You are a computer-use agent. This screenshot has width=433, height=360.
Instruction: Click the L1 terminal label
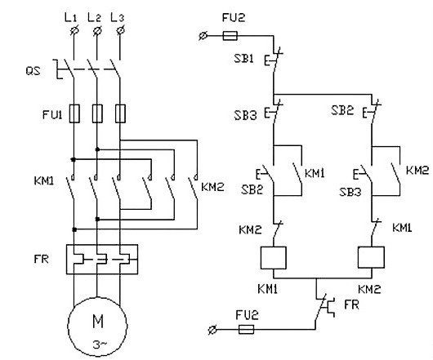tap(70, 18)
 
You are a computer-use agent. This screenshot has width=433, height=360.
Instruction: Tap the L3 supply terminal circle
tap(120, 30)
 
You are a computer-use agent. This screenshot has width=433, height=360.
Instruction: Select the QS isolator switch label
tap(33, 71)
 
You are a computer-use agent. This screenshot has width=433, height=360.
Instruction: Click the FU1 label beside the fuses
tap(52, 114)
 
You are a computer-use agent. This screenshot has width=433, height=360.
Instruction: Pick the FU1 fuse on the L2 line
tap(97, 113)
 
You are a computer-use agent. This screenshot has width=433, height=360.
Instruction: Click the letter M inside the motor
tap(98, 321)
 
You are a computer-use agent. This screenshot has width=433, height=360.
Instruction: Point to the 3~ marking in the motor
tap(100, 344)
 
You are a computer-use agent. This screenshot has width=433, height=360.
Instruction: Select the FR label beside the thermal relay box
tap(42, 259)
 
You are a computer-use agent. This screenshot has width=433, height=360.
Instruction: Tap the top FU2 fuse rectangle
tap(230, 36)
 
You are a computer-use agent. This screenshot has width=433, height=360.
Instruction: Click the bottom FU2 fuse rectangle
tap(246, 329)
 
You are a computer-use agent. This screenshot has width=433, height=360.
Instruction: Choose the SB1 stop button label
tap(243, 58)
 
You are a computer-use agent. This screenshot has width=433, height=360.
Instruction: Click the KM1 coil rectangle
tap(273, 258)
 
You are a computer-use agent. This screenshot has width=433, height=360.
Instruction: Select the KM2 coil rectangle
tap(371, 257)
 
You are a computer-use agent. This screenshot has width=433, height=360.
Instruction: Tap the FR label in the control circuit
tap(351, 304)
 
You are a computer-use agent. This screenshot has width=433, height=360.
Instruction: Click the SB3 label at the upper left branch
tap(245, 115)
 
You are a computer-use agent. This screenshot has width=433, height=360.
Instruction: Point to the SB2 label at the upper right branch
tap(342, 110)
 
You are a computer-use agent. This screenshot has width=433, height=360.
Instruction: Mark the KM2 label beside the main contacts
tap(212, 187)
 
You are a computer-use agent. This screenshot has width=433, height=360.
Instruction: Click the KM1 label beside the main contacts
tap(44, 181)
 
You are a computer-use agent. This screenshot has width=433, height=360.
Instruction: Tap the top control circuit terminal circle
tap(203, 36)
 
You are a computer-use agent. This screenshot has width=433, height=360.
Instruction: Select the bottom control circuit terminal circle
tap(212, 330)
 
